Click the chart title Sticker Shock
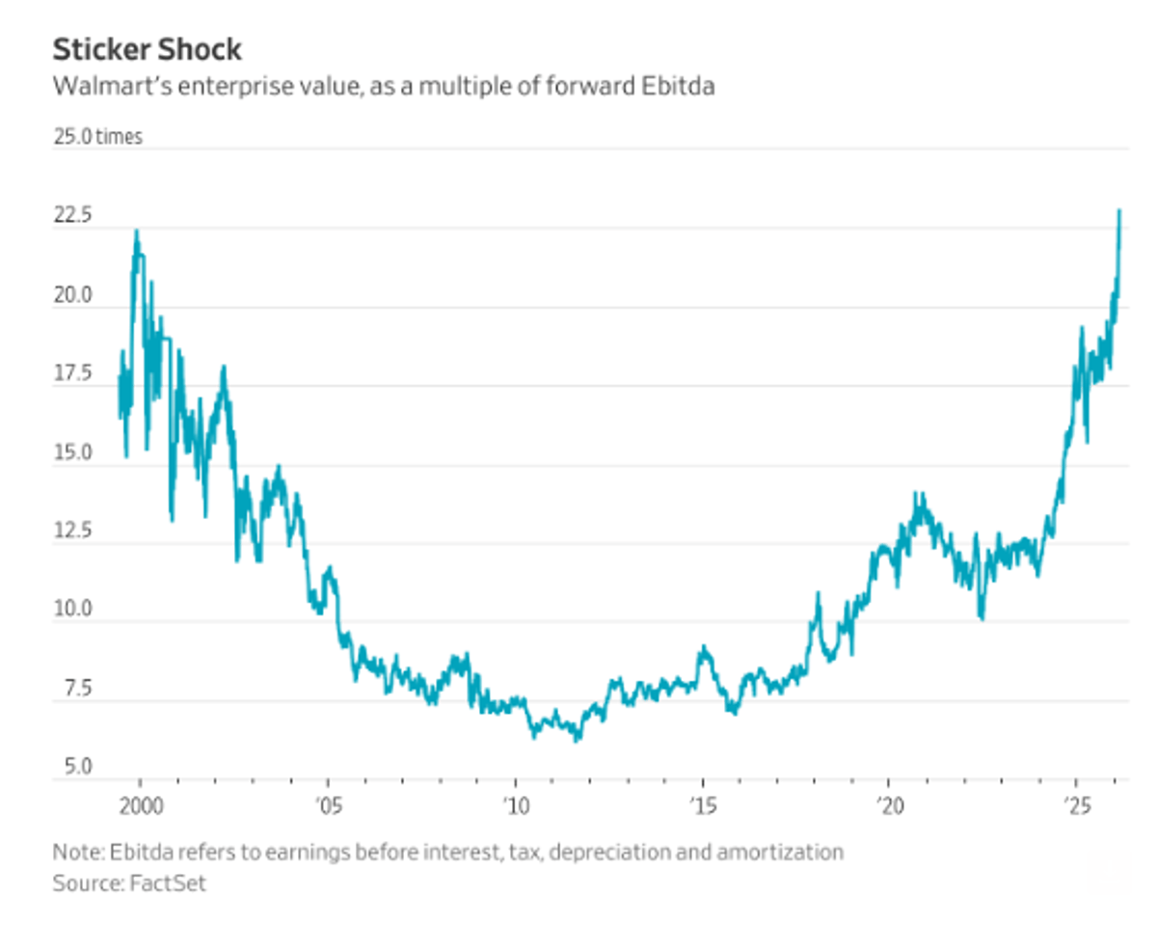148,49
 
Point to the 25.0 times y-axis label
97,137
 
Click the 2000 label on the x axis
139,803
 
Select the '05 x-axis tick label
327,803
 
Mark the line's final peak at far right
1119,210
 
